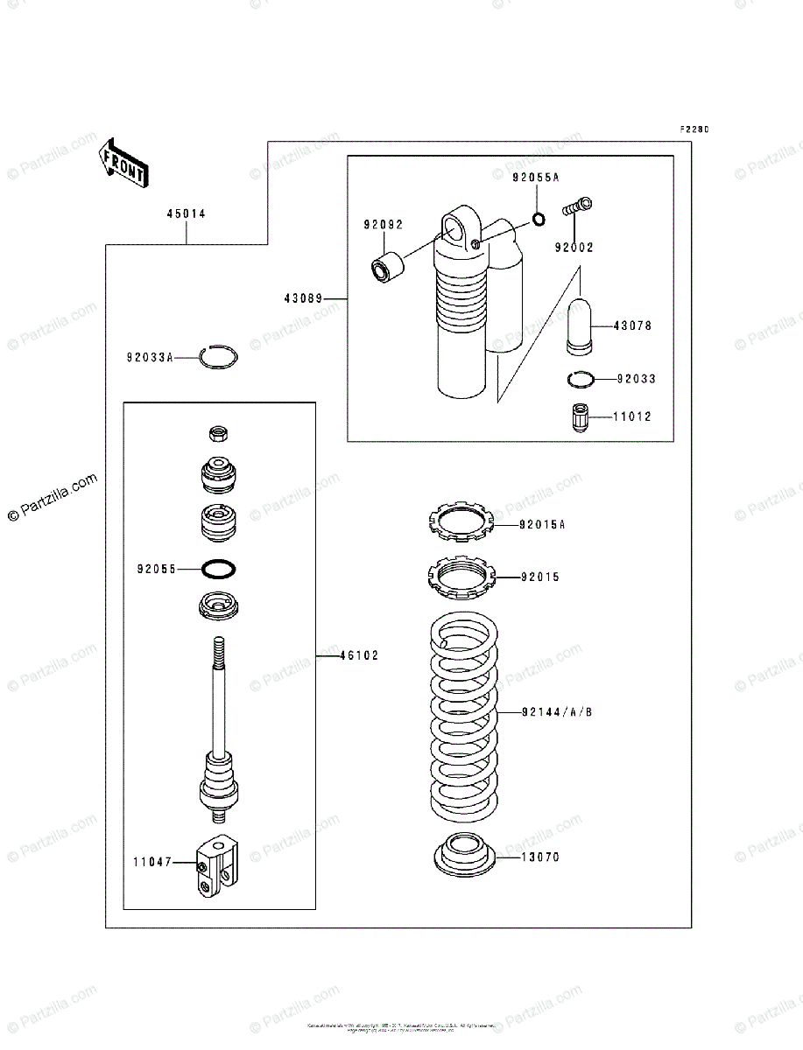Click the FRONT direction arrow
123,163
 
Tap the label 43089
302,299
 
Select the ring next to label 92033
581,379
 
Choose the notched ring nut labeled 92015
461,577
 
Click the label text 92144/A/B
557,712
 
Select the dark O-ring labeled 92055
218,569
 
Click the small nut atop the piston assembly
219,433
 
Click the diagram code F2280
694,129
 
